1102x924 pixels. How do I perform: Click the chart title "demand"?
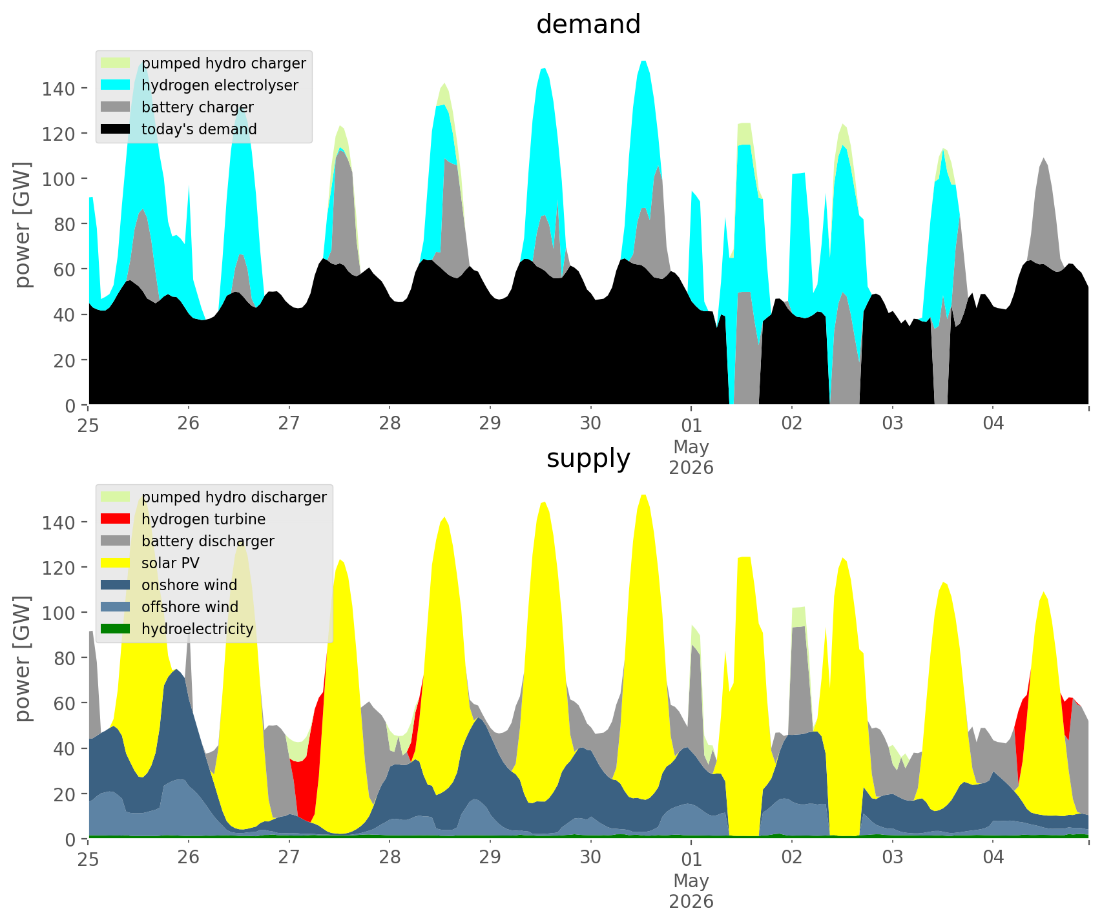tap(588, 25)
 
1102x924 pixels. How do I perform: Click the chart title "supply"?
tap(588, 458)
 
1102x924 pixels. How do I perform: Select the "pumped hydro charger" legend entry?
tap(203, 63)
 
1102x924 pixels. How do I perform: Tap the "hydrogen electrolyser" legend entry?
tap(200, 85)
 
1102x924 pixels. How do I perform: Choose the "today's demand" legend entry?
tap(179, 129)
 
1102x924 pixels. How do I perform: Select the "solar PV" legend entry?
tap(151, 563)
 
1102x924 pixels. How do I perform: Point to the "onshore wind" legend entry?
tap(169, 585)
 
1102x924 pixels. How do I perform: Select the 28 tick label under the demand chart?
tap(390, 424)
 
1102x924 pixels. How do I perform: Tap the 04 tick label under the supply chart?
tap(993, 857)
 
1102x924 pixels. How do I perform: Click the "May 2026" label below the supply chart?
tap(691, 890)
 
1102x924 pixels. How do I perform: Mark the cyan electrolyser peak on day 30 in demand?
tap(643, 62)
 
